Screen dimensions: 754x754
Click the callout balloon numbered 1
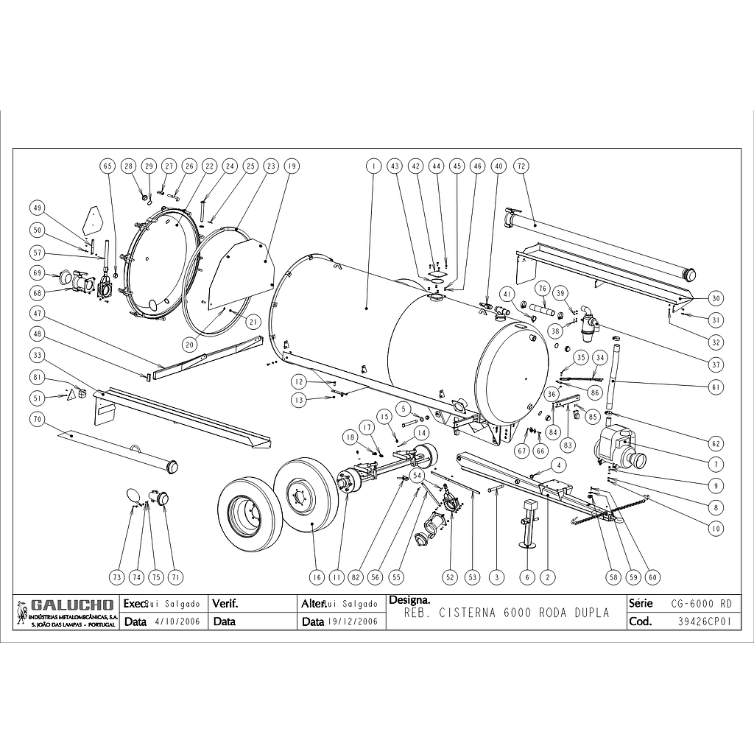pyautogui.click(x=374, y=166)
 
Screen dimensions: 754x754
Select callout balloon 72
pyautogui.click(x=521, y=166)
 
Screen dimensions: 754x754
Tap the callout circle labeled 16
pyautogui.click(x=317, y=577)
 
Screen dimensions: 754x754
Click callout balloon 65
pyautogui.click(x=108, y=166)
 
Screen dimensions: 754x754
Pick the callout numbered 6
pyautogui.click(x=527, y=577)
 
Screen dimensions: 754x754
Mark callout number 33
pyautogui.click(x=35, y=355)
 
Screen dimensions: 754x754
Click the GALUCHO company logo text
pyautogui.click(x=72, y=605)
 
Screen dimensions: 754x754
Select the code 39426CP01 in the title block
pyautogui.click(x=704, y=621)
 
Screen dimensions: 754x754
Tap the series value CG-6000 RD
pyautogui.click(x=701, y=604)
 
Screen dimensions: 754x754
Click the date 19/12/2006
pyautogui.click(x=353, y=621)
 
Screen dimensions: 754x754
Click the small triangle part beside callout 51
pyautogui.click(x=73, y=395)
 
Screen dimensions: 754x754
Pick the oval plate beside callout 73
pyautogui.click(x=132, y=494)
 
